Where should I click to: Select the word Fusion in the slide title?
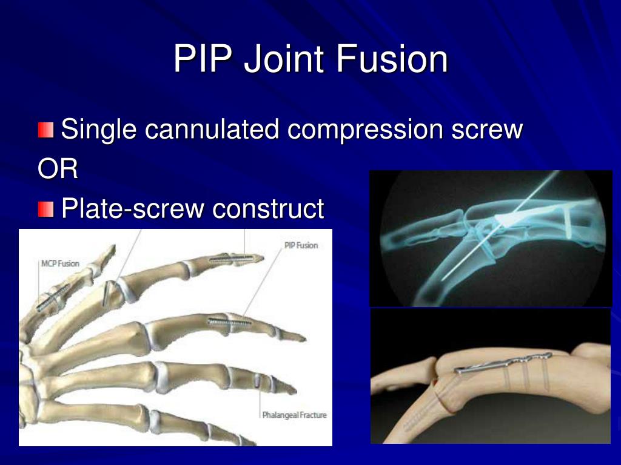tap(391, 59)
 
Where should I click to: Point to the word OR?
tap(58, 170)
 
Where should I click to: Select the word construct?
tap(268, 209)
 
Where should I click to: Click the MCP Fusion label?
tap(60, 263)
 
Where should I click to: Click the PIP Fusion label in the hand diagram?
tap(301, 245)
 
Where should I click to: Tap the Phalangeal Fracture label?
tap(294, 415)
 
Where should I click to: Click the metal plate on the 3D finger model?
tap(503, 363)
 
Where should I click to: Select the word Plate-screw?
tap(133, 209)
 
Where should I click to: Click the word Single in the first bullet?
tap(100, 130)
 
